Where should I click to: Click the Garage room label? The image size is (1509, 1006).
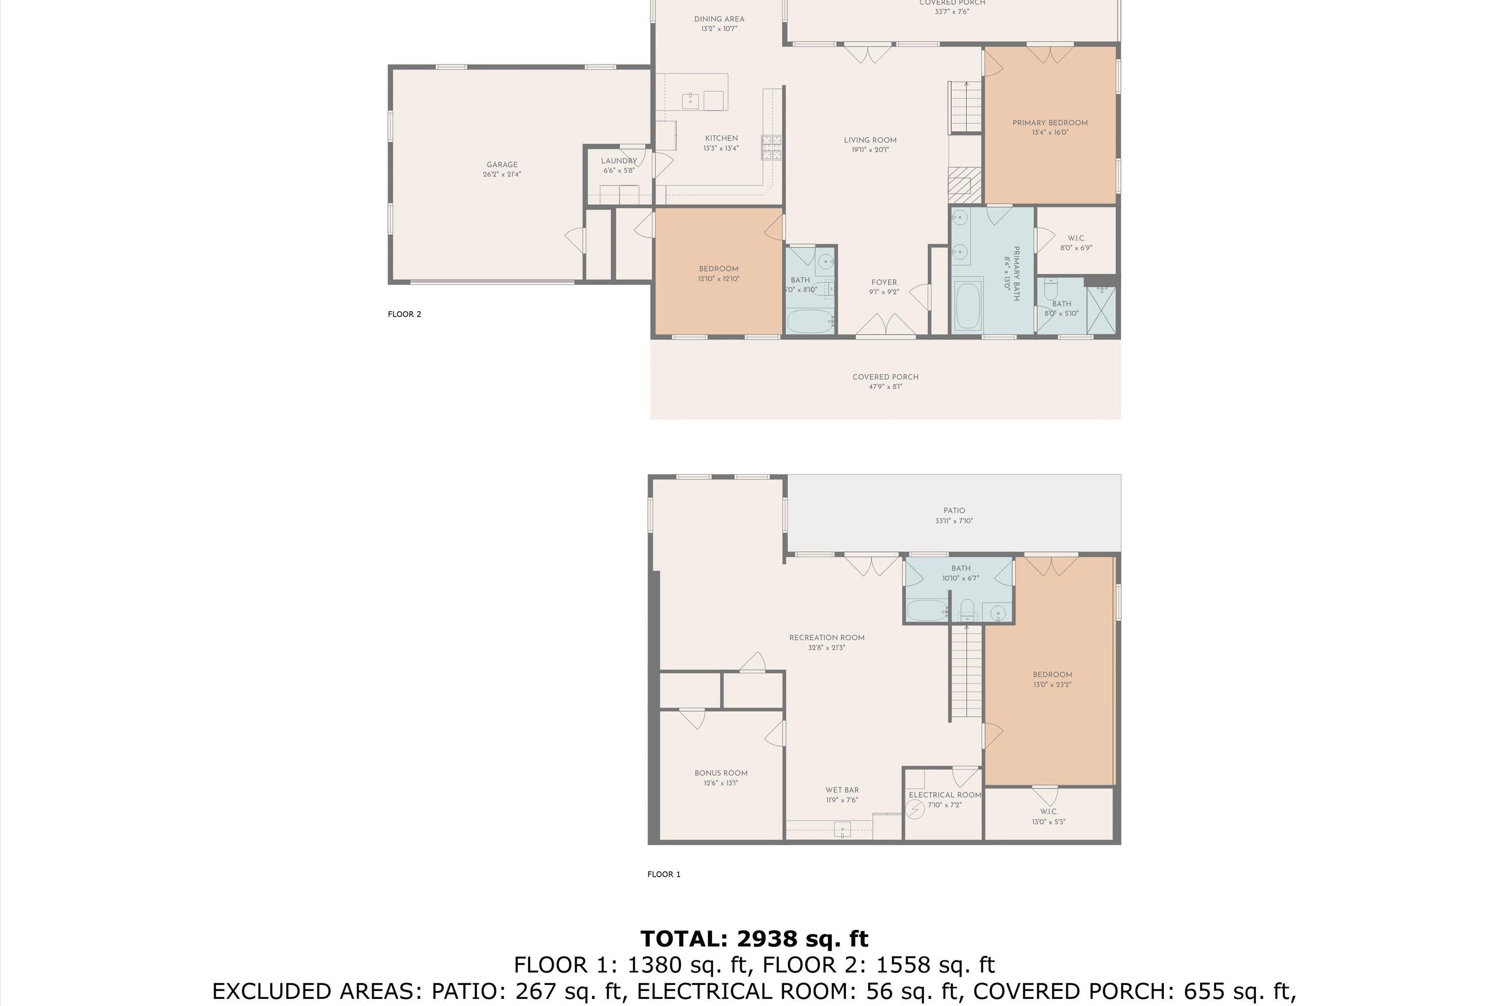(501, 165)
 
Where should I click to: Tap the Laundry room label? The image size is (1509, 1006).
(619, 161)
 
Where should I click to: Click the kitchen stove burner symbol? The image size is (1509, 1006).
(771, 147)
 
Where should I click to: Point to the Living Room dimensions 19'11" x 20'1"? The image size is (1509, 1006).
(870, 150)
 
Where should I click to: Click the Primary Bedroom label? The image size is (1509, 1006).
(1050, 123)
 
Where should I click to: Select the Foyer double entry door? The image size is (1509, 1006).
(885, 325)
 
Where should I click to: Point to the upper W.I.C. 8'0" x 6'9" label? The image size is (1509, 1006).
(1076, 242)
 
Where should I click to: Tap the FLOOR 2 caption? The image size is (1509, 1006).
(404, 314)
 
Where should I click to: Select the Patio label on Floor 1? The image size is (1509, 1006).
(954, 511)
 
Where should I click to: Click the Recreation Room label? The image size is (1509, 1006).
(826, 638)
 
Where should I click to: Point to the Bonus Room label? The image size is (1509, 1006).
(720, 773)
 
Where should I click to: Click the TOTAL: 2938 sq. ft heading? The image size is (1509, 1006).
(754, 939)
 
